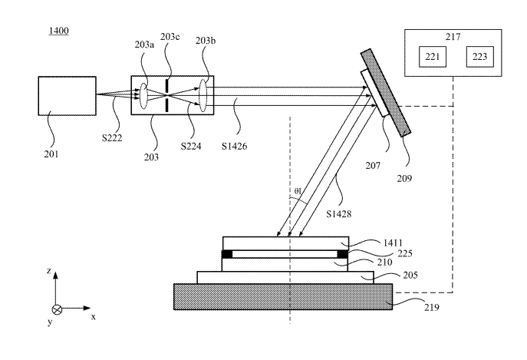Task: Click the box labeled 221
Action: coord(432,57)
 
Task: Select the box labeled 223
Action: coord(479,57)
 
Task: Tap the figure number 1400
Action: coord(59,31)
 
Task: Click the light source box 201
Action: coord(67,96)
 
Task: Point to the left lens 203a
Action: coord(143,96)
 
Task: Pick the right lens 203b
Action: coord(203,95)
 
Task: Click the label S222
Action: coord(112,138)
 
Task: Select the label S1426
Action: coord(234,146)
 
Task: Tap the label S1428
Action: coord(339,213)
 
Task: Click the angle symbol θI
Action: coord(298,191)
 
